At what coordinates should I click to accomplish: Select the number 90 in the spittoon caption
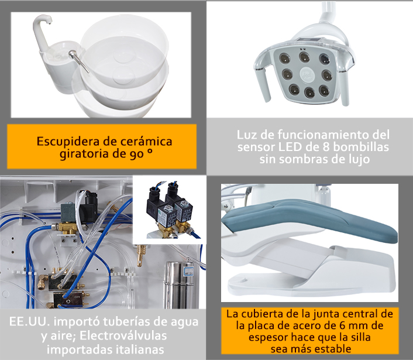136,154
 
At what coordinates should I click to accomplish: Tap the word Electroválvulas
123,335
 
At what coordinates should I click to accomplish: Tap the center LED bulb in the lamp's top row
304,57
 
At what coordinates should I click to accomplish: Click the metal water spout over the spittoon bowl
79,61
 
